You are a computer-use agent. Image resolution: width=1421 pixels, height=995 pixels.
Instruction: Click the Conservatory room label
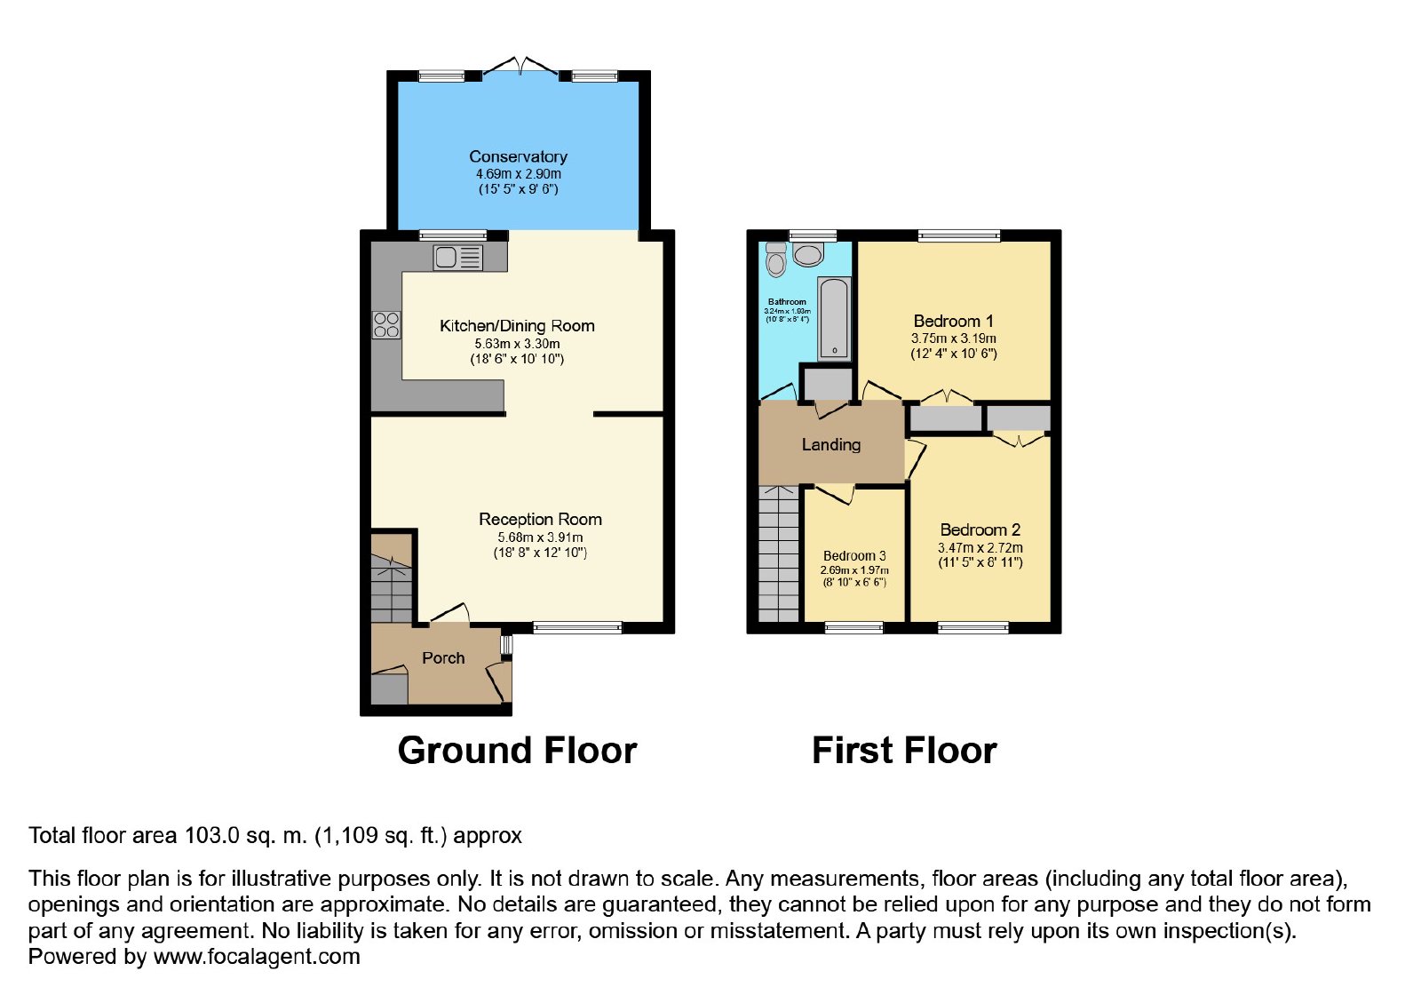518,156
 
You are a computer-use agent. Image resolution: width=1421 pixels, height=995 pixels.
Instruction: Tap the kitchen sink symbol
457,258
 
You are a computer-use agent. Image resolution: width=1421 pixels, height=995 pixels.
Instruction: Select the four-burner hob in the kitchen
385,325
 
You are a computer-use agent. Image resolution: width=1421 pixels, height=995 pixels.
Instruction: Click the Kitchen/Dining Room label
517,326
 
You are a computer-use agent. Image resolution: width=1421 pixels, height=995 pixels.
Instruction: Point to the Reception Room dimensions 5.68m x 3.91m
540,537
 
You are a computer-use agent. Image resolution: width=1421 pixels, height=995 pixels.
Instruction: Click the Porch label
443,658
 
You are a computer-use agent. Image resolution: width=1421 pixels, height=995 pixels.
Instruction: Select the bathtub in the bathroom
834,319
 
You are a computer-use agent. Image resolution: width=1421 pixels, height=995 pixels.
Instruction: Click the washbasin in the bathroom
807,255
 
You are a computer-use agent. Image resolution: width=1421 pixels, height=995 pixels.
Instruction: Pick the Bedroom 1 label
953,321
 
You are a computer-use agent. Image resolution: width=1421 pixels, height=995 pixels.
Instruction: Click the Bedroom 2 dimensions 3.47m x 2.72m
980,547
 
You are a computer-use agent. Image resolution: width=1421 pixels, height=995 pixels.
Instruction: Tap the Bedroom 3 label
854,556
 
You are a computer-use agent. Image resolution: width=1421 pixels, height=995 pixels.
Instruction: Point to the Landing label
831,445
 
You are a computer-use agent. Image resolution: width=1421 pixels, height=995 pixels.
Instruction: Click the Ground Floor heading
517,751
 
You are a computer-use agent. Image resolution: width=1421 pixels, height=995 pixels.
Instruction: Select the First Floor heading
904,751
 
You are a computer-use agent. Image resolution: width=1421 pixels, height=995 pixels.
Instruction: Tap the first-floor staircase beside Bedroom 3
778,554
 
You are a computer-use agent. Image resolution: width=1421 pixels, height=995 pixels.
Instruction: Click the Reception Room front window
577,628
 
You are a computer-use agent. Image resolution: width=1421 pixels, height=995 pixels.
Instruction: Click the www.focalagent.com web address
257,956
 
